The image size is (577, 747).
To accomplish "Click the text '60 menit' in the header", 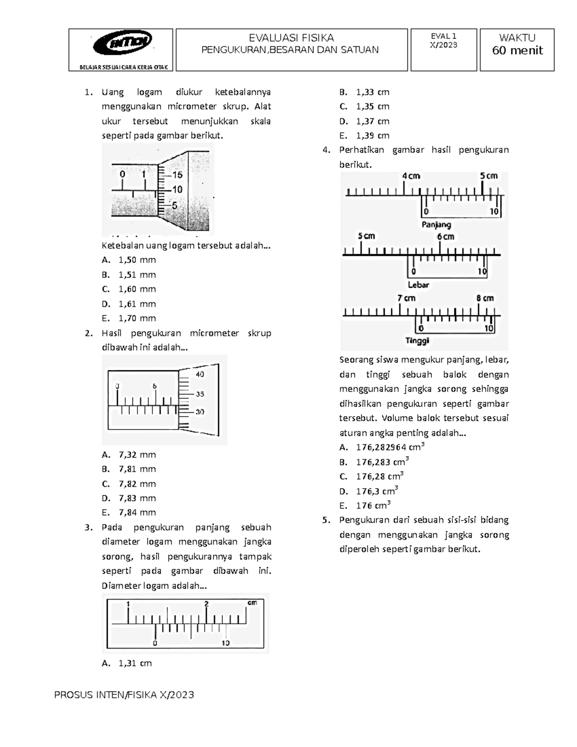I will click(517, 51).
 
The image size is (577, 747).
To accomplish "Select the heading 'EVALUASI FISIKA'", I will click(291, 38).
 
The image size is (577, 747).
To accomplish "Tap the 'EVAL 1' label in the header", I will click(444, 36).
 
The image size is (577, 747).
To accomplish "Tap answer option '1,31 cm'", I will click(135, 663).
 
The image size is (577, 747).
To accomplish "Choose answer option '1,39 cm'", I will click(373, 136).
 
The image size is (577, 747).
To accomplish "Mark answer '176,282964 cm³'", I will click(390, 447).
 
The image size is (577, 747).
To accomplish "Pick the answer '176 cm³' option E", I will click(373, 506).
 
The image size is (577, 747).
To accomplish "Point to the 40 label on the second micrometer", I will click(200, 374).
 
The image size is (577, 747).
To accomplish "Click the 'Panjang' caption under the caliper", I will click(436, 225).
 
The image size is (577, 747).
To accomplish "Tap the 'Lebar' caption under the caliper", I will click(418, 285).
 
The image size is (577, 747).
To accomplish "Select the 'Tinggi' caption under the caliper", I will click(417, 341).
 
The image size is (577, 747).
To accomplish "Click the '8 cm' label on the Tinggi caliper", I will click(485, 298).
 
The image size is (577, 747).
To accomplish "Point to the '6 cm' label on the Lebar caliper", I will click(445, 237).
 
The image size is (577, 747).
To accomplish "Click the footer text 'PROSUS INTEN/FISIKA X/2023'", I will click(124, 695).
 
